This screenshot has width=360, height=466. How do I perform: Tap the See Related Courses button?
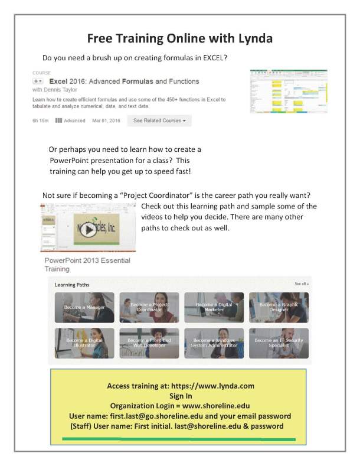coord(159,120)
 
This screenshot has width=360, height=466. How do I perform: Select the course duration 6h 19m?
coord(41,120)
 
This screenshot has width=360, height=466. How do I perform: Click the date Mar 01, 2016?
coord(106,120)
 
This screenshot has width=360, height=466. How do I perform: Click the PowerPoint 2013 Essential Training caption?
coord(87,265)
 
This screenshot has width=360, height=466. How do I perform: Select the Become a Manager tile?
coord(84,307)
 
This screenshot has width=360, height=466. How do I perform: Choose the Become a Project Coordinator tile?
coord(149,307)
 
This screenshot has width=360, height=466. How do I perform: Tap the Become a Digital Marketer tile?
coord(214,307)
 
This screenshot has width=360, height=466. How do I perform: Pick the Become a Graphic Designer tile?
coord(278,307)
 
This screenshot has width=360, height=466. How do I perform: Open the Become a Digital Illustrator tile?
coord(84,343)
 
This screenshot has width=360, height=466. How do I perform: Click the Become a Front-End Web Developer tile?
coord(149,343)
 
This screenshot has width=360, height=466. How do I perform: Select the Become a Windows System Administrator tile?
coord(214,343)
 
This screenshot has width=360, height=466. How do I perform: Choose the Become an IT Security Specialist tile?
coord(278,343)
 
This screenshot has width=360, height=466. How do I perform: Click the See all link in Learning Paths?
coord(301,284)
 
